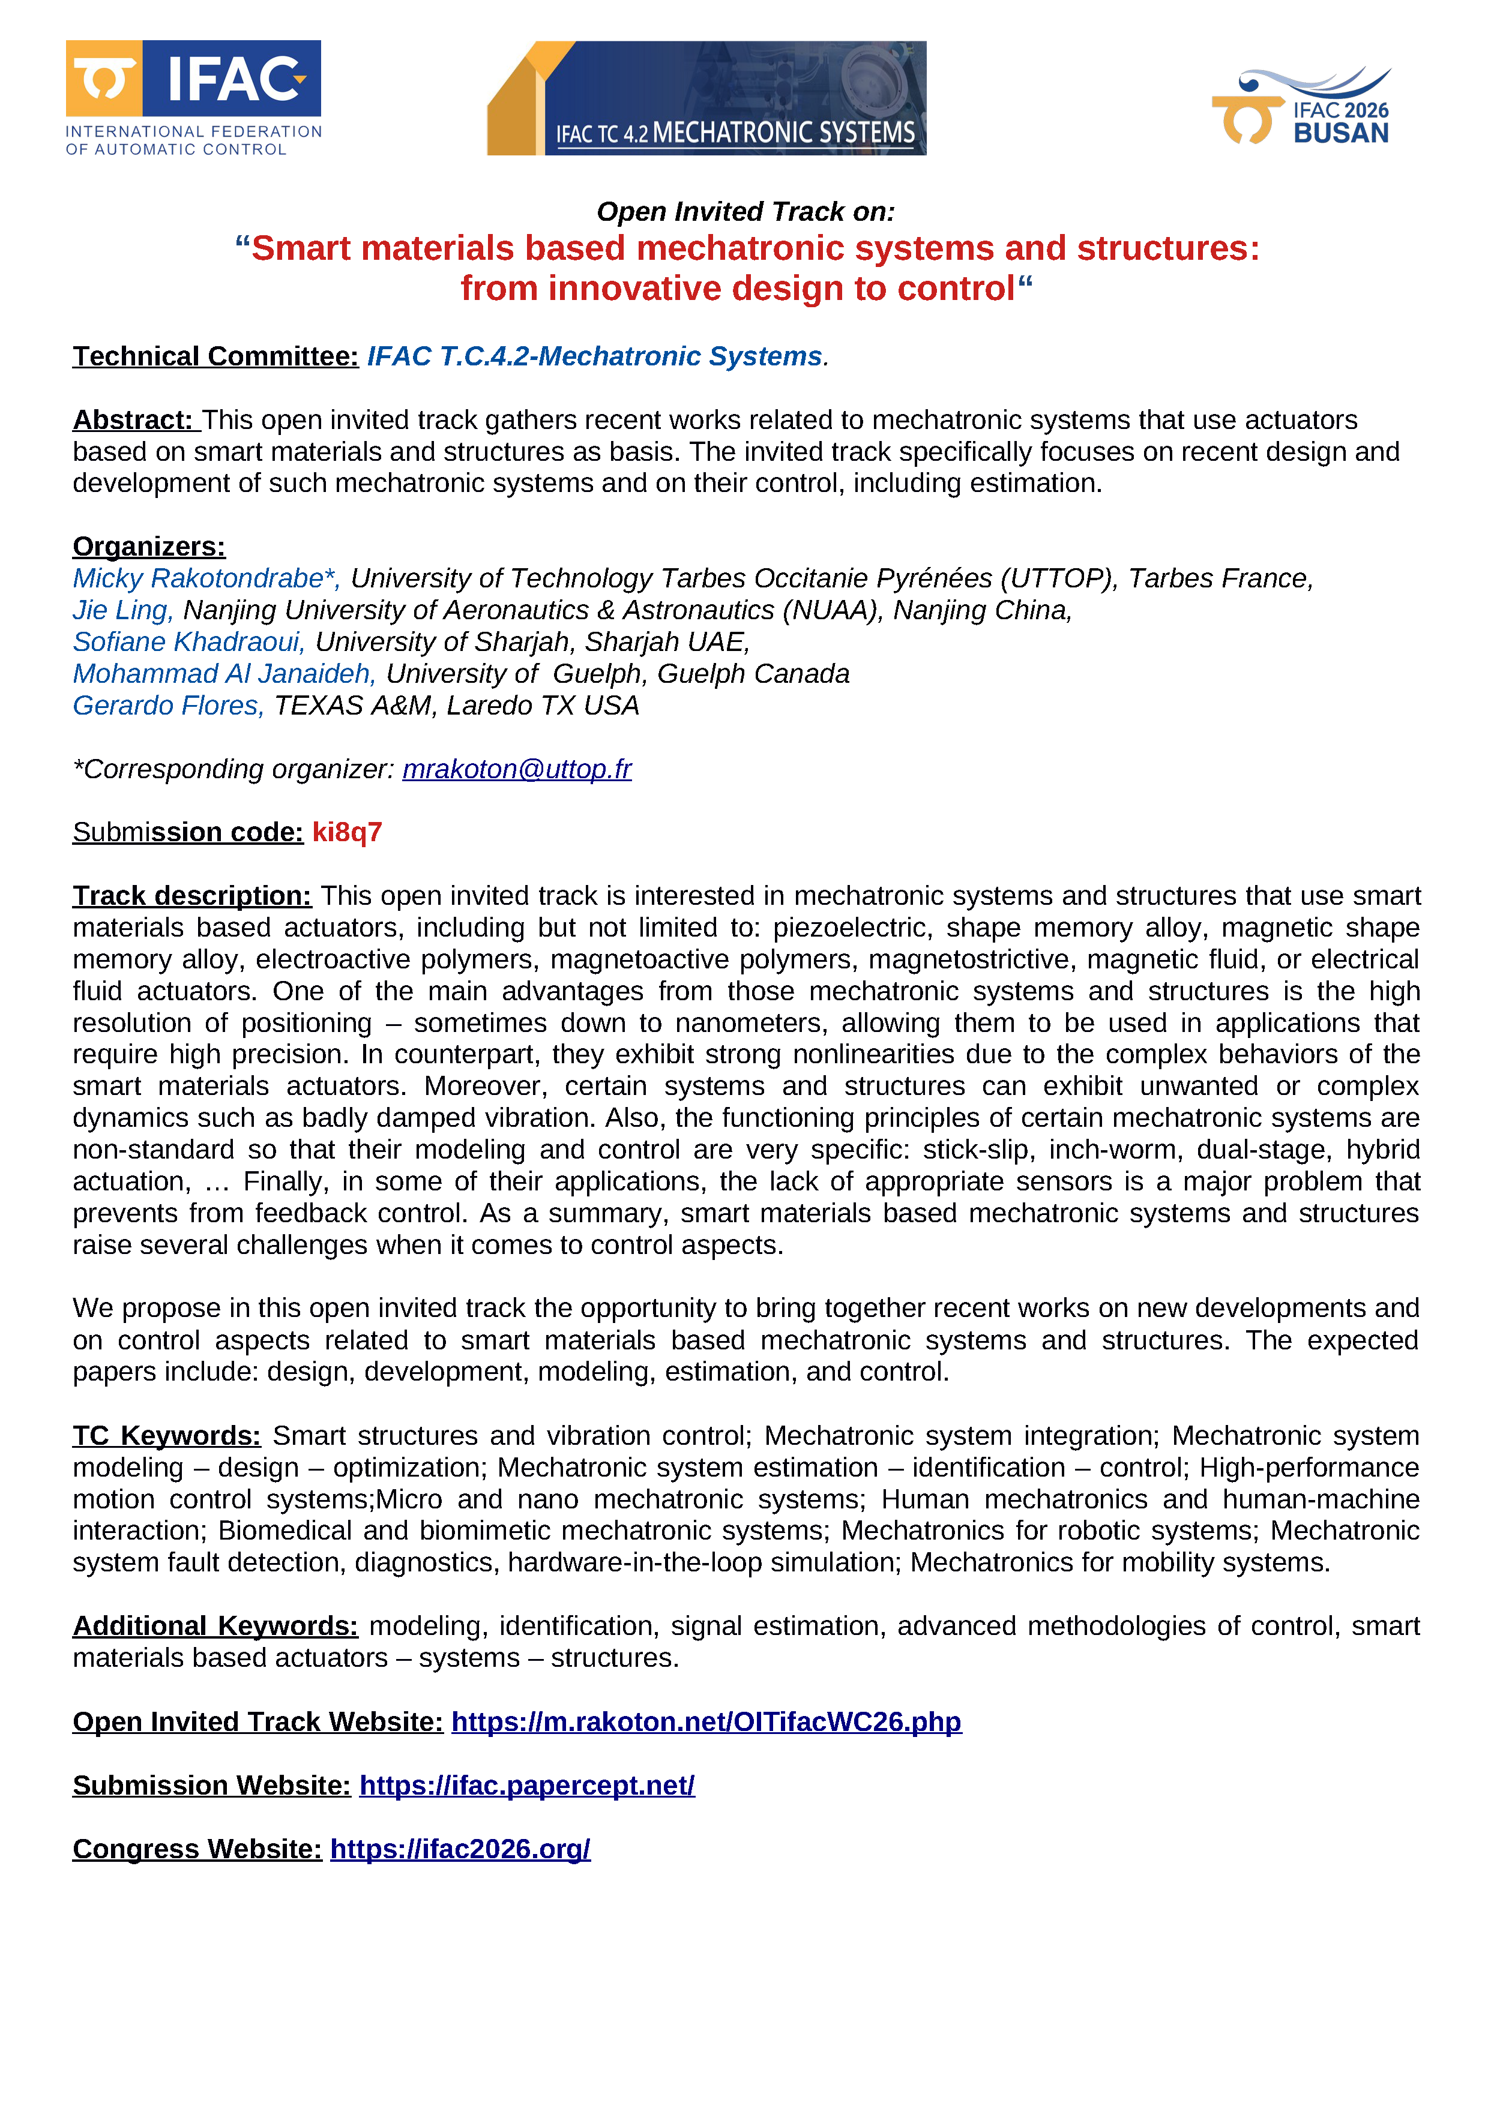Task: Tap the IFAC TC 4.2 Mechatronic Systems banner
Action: (706, 98)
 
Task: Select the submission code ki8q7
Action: (347, 832)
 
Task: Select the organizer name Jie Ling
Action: (122, 610)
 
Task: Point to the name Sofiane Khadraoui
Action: (188, 641)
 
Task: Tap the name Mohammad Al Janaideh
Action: (223, 673)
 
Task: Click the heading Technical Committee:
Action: (215, 356)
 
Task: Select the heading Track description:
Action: (191, 895)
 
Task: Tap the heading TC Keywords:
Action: (166, 1435)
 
